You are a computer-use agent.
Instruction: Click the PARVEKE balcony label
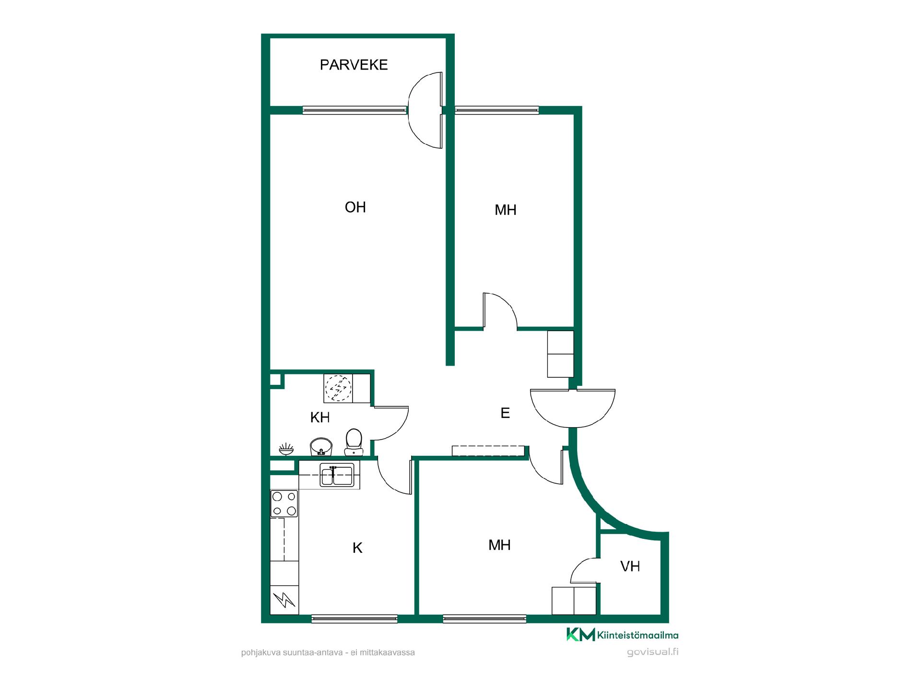354,65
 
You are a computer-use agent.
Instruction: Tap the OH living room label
355,207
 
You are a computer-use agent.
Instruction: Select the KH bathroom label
320,417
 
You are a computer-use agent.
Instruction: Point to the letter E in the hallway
505,413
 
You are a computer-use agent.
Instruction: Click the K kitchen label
357,548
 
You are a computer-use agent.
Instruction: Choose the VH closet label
630,567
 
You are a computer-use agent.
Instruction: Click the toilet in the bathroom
354,442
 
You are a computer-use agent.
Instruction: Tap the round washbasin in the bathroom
321,446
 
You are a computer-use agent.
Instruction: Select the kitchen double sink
337,475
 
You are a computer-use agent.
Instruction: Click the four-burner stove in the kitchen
284,503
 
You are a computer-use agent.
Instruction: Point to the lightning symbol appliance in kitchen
284,600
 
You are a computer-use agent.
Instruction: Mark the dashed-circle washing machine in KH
338,388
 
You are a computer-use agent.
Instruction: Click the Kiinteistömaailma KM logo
622,635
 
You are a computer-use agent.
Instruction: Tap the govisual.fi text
652,652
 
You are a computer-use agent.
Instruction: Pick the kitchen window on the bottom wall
354,619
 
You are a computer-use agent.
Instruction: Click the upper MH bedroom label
506,210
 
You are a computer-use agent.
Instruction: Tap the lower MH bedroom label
499,545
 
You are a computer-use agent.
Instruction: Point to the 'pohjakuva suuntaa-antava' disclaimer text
328,653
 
